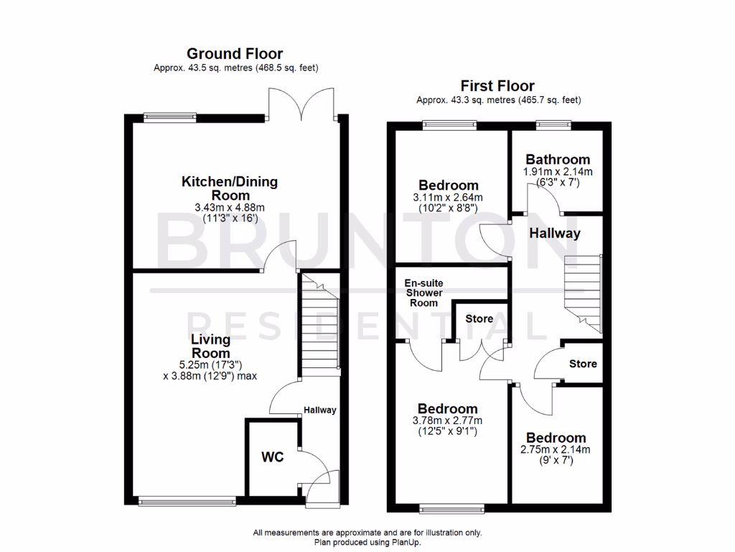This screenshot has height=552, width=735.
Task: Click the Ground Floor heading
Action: click(x=235, y=53)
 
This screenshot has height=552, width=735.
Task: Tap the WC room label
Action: click(x=273, y=457)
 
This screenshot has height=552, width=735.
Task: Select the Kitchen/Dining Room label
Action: click(x=230, y=188)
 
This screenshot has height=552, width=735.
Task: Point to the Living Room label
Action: click(x=210, y=346)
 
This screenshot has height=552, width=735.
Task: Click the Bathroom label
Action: click(x=558, y=160)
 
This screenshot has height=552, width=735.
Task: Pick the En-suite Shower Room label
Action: click(x=424, y=293)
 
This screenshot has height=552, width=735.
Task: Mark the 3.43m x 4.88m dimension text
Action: click(x=230, y=208)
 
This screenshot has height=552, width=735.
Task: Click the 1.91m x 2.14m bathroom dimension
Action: click(x=558, y=172)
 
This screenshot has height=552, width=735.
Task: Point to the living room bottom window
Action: click(x=187, y=501)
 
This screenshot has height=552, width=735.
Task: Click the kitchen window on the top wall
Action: click(x=169, y=115)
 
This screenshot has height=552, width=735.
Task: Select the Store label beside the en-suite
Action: click(x=479, y=318)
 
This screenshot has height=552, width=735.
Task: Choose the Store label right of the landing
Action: click(x=583, y=364)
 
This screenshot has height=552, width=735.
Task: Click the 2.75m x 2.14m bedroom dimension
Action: click(x=556, y=450)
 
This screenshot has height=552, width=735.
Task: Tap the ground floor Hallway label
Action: click(x=319, y=410)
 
